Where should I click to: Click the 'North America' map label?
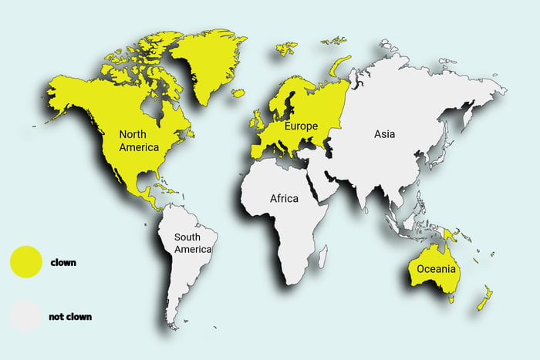[x=139, y=140]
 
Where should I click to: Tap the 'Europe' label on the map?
[x=301, y=126]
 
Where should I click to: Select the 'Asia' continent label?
[x=384, y=134]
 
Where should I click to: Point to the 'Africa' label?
[x=284, y=199]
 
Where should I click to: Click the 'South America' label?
[x=192, y=243]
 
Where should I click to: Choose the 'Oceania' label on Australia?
[x=437, y=269]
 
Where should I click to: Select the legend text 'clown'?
[x=63, y=262]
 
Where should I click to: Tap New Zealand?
[x=484, y=298]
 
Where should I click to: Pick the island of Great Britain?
[x=255, y=118]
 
